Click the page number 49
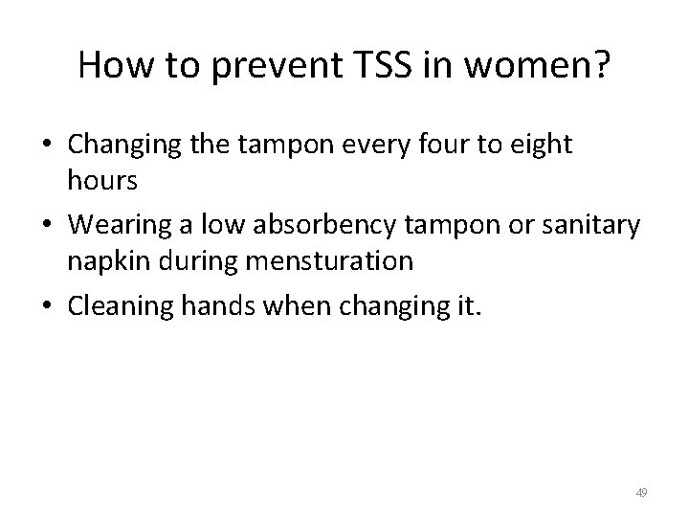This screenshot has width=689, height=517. coord(641,492)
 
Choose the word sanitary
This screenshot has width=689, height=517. coord(594,225)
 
